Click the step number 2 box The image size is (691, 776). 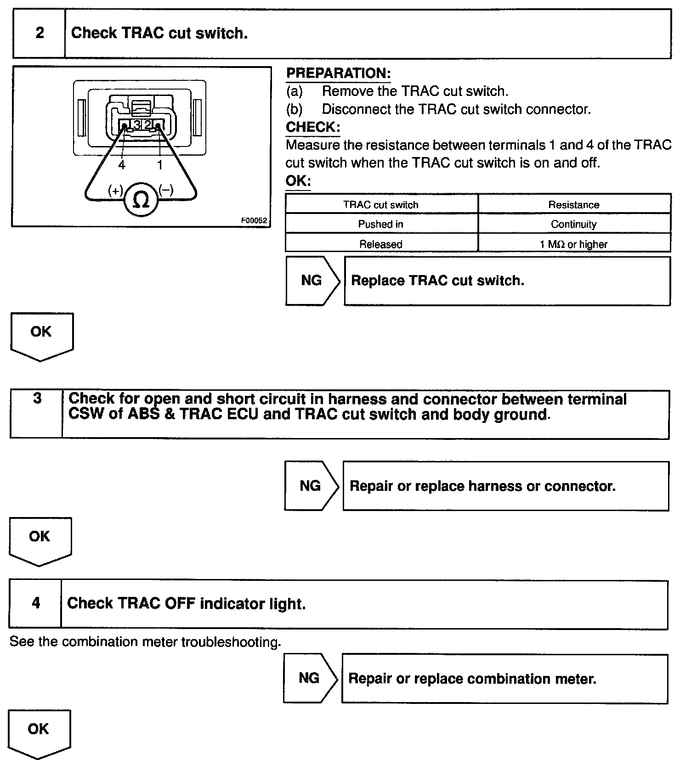[x=40, y=33]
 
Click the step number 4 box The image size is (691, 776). [x=36, y=603]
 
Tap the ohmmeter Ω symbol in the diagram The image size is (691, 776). [x=141, y=200]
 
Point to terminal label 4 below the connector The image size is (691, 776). [x=122, y=165]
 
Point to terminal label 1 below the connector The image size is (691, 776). [x=160, y=165]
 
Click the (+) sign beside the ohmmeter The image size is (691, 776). [x=115, y=190]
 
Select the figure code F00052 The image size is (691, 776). [x=254, y=220]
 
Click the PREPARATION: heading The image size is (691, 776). [x=338, y=73]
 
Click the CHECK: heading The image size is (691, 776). [x=313, y=127]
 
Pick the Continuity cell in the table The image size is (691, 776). [x=574, y=224]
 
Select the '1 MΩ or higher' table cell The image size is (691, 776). [x=574, y=244]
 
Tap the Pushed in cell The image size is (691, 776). [x=381, y=224]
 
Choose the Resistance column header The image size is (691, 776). [x=574, y=205]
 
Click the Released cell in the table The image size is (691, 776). [x=381, y=244]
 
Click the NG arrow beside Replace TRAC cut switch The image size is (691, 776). [x=312, y=281]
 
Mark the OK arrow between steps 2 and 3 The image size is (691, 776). [x=41, y=336]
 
